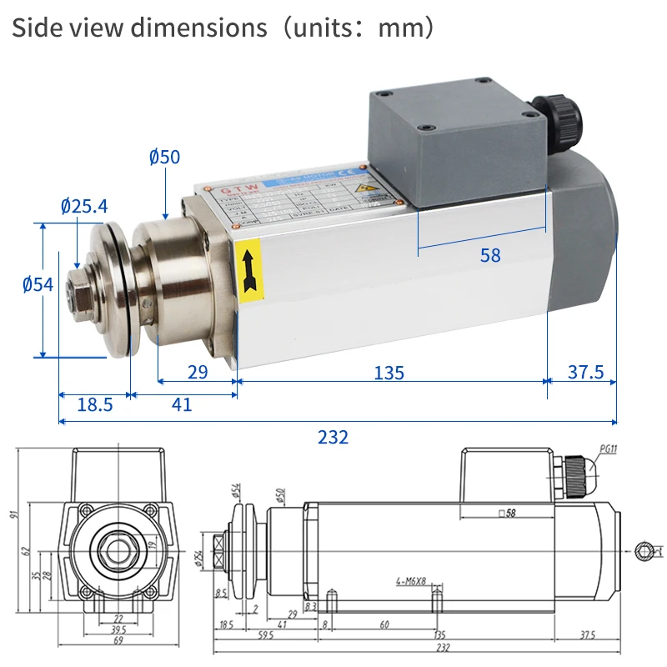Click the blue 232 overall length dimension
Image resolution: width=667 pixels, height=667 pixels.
333,437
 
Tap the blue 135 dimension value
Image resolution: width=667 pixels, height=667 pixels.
389,373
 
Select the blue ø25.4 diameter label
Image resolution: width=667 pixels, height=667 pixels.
84,206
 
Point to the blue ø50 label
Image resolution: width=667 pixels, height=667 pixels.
165,156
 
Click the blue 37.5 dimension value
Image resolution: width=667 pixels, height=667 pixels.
585,372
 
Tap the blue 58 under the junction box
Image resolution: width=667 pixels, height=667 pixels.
490,256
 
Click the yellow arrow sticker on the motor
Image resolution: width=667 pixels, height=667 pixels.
249,269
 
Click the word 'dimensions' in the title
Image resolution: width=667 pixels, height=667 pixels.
194,27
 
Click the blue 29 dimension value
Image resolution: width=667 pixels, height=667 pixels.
198,373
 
